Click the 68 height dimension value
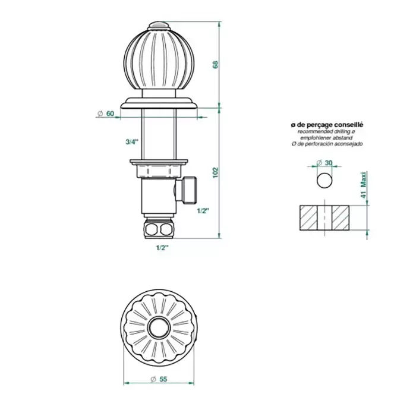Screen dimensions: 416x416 215,65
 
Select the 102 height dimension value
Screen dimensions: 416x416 215,172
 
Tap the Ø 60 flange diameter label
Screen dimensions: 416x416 106,114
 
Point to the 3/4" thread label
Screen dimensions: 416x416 132,142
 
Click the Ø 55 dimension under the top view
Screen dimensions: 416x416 159,379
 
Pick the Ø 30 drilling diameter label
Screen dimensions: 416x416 324,163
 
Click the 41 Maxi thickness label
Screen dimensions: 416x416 364,185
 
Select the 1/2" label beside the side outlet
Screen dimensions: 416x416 203,211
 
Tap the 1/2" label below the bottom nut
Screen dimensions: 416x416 162,248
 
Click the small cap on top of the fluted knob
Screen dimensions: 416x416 159,26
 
